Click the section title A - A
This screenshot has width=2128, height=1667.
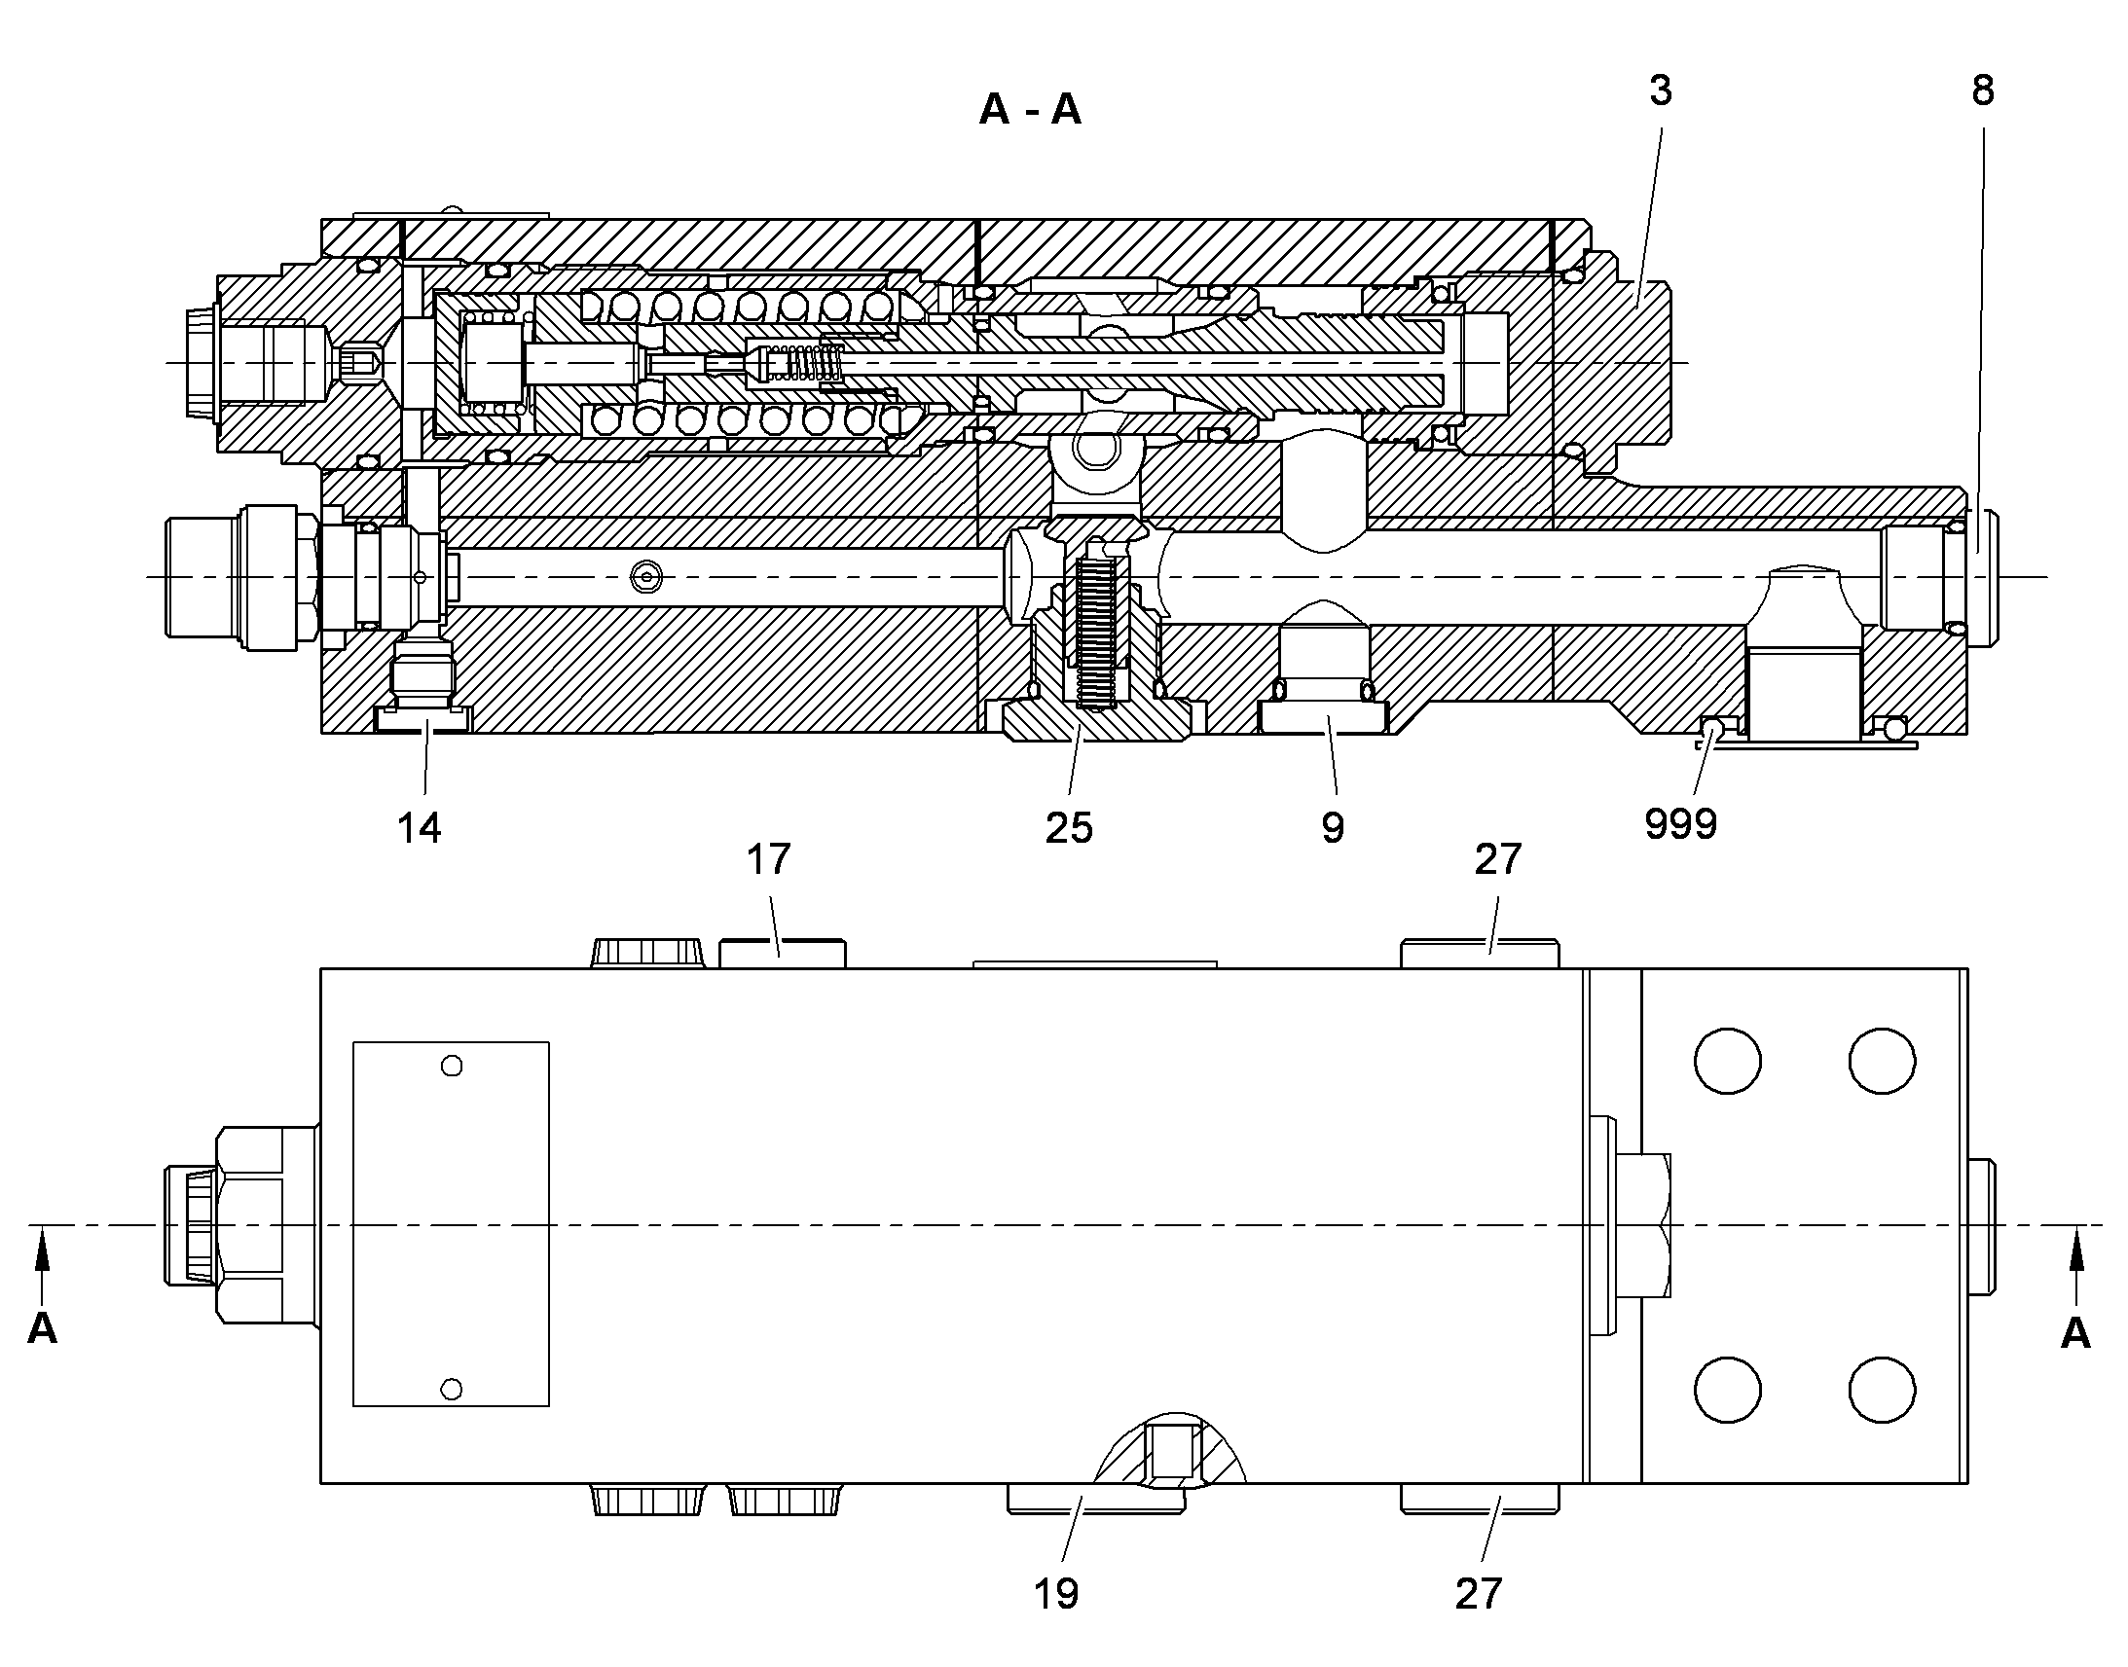1030,109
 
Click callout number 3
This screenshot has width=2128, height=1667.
1661,91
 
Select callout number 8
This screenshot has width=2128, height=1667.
1983,91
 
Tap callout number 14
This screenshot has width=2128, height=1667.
419,828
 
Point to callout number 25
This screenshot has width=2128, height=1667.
1069,828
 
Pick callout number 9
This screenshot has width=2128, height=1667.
1333,828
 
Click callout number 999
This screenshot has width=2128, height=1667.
1681,824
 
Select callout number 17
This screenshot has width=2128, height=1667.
768,860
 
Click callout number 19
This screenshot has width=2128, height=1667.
1056,1594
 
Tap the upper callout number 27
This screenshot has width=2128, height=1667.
1498,860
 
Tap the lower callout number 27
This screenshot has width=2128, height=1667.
1479,1594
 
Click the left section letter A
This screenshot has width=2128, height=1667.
42,1329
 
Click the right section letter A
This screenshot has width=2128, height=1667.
2075,1333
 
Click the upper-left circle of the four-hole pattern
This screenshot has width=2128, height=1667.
1728,1061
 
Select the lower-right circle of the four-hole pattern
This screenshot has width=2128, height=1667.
1882,1390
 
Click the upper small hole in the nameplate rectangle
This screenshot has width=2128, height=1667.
452,1066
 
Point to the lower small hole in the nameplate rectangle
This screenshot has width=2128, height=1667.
452,1388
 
